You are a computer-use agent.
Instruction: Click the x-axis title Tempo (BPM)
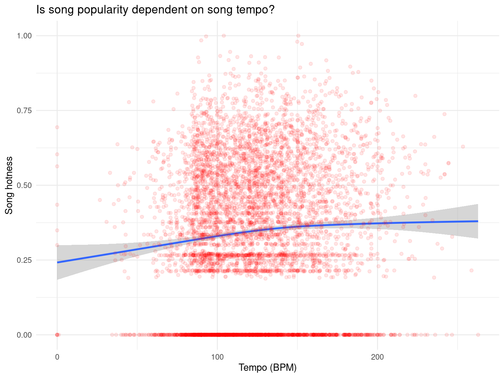point(268,368)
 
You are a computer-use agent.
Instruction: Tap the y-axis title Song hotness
point(9,185)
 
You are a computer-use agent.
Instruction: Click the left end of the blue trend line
point(57,262)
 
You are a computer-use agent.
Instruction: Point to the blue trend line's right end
point(478,221)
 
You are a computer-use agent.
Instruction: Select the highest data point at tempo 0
point(57,127)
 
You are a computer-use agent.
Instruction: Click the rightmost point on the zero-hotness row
point(478,335)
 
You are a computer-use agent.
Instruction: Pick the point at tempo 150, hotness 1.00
point(298,35)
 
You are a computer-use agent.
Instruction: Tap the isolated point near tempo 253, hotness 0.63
point(463,146)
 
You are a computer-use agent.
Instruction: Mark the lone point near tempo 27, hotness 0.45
point(100,200)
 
